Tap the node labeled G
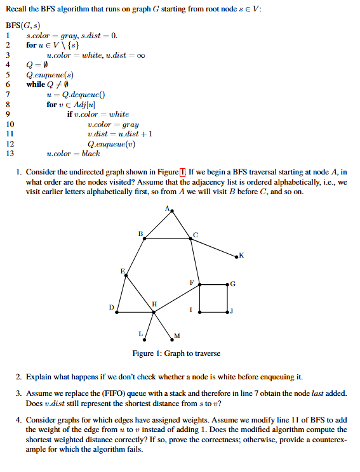pyautogui.click(x=227, y=284)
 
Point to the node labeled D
pyautogui.click(x=117, y=311)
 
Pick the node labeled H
pyautogui.click(x=152, y=311)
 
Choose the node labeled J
pyautogui.click(x=227, y=311)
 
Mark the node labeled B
pyautogui.click(x=145, y=239)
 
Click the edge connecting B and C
pyautogui.click(x=168, y=239)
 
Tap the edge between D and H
pyautogui.click(x=135, y=311)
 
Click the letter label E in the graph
pyautogui.click(x=123, y=271)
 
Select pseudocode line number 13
pyautogui.click(x=9, y=153)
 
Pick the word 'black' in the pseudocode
pyautogui.click(x=91, y=153)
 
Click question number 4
pyautogui.click(x=20, y=419)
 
